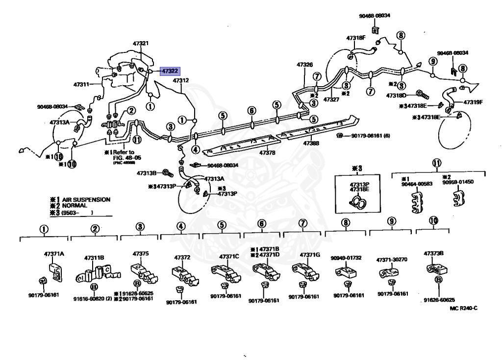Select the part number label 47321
point(140,44)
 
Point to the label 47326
point(304,65)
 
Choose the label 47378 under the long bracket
point(267,153)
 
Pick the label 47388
point(311,144)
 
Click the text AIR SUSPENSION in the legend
point(86,200)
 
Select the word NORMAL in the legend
point(75,206)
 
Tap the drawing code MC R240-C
point(463,308)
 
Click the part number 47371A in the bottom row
point(54,254)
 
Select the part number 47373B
point(434,253)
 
